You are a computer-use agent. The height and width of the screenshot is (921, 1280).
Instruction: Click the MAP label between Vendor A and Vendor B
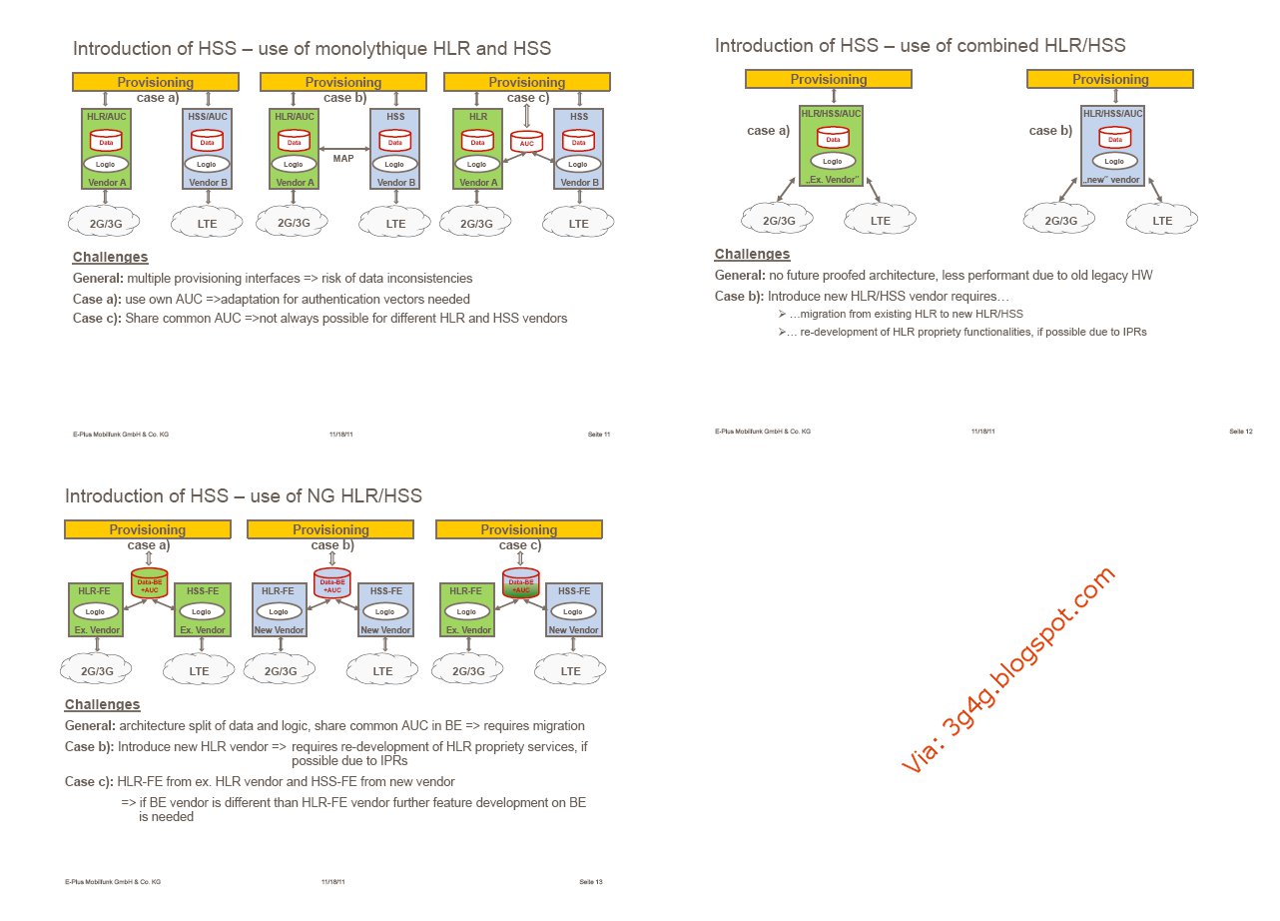pyautogui.click(x=343, y=157)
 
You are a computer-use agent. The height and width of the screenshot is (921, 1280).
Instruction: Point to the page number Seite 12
pyautogui.click(x=1241, y=432)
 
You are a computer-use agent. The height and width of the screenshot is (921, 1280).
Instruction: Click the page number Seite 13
pyautogui.click(x=591, y=882)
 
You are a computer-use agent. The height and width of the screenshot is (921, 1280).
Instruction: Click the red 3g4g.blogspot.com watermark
pyautogui.click(x=1007, y=670)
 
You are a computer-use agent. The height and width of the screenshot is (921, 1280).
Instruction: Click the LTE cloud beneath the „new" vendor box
pyautogui.click(x=1162, y=221)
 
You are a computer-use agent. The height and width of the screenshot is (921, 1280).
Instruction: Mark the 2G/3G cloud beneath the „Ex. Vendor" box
pyautogui.click(x=779, y=221)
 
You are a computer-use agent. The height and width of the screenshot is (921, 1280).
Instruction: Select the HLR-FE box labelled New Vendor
pyautogui.click(x=278, y=609)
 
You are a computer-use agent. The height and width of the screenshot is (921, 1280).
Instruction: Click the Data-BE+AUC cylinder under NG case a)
pyautogui.click(x=149, y=583)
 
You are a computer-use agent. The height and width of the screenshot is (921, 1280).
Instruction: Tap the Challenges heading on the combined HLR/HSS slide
pyautogui.click(x=752, y=254)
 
